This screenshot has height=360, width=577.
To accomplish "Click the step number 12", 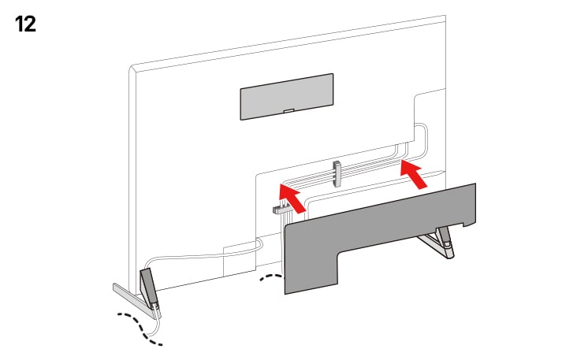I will [25, 23].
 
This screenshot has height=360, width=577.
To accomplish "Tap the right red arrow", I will [415, 173].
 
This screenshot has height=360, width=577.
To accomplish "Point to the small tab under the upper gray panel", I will [288, 112].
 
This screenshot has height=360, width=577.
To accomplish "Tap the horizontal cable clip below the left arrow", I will [281, 210].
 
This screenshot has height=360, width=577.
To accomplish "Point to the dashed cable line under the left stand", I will [142, 328].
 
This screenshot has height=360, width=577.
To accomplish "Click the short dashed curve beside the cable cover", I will [270, 278].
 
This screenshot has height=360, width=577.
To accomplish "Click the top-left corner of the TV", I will [131, 67].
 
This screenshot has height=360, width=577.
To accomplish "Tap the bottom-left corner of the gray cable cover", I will [286, 292].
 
